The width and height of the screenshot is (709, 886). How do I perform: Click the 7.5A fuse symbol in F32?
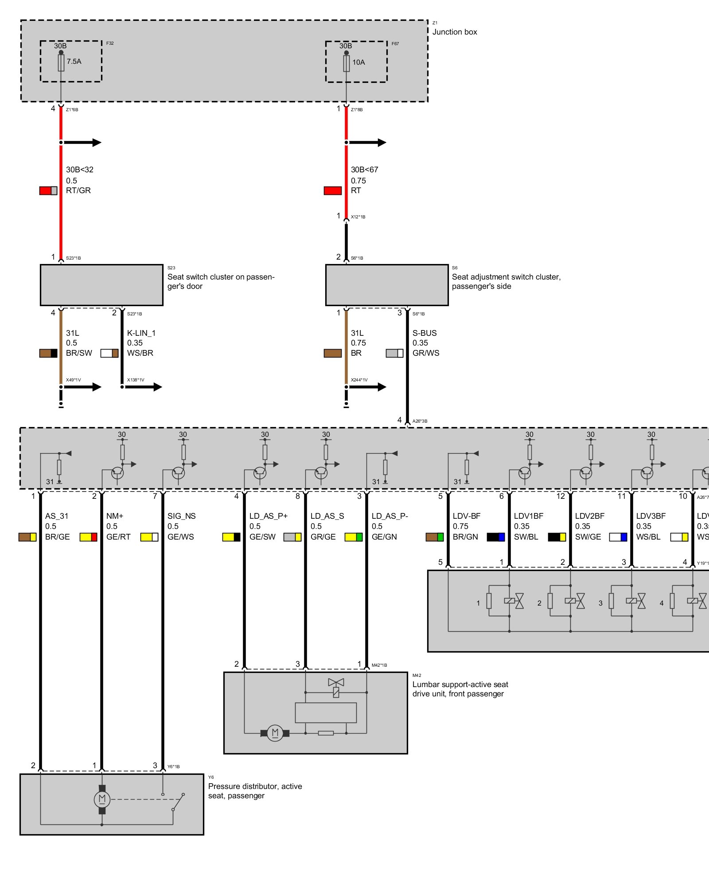coord(61,62)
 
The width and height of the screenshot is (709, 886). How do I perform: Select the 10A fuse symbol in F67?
coord(347,63)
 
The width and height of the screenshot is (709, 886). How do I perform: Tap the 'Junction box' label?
coord(455,32)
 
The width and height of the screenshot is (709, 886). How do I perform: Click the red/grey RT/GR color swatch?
coord(48,190)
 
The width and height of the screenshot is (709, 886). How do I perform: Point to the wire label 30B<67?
coord(364,170)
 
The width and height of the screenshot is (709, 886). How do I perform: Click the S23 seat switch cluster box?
coord(101,285)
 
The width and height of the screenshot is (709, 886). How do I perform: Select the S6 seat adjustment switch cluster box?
coord(387,285)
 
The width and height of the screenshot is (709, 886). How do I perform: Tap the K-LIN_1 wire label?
coord(141,333)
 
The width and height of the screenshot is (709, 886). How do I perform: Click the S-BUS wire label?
coord(425,333)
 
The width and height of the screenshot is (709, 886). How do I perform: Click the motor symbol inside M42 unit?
coord(275,733)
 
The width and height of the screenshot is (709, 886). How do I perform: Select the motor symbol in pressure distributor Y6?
coord(102,799)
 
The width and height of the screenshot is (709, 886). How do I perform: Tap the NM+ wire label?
coord(115,516)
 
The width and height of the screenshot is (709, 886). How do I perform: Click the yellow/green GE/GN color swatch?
coord(354,537)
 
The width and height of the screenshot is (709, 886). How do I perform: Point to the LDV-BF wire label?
coord(467,516)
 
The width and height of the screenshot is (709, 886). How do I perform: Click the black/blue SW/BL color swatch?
coord(496,537)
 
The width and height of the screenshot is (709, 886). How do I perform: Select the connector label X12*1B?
coord(358,217)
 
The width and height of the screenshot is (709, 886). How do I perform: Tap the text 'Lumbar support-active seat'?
coord(460,684)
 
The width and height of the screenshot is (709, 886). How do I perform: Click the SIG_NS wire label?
coord(181,516)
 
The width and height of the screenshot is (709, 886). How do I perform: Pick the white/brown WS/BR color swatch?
coord(109,353)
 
